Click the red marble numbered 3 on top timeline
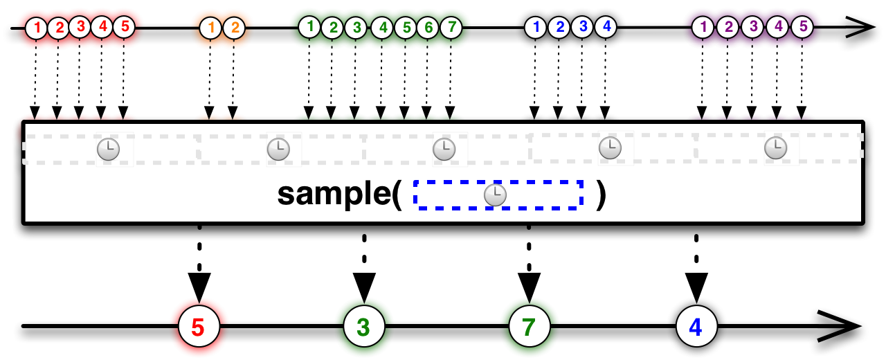(x=80, y=27)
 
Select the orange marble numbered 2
(x=234, y=28)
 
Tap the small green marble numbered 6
(x=428, y=28)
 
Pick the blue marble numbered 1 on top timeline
(x=536, y=27)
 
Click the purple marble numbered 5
(x=802, y=27)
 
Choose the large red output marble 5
(x=199, y=326)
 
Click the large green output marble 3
(x=364, y=326)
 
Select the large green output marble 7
(x=530, y=326)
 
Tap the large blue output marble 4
(x=696, y=326)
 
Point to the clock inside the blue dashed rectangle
(x=495, y=195)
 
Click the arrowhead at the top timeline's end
(x=862, y=27)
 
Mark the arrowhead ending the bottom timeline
(x=842, y=326)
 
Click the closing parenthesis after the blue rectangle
(x=602, y=195)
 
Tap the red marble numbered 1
(x=37, y=28)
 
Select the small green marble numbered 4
(x=382, y=28)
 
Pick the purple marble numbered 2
(x=727, y=27)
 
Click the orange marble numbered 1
(x=210, y=28)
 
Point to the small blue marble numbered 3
(x=582, y=27)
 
